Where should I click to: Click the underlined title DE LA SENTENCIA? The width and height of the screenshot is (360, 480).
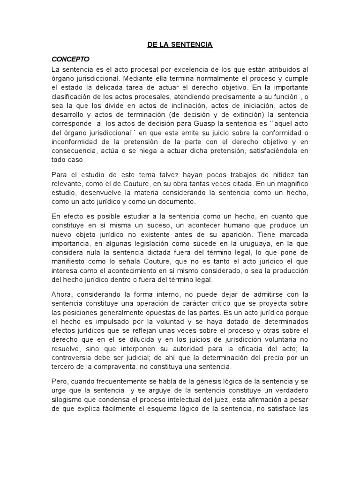[x=180, y=45]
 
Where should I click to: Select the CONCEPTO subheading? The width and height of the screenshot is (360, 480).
[x=70, y=60]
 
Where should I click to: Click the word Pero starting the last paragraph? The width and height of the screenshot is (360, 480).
[x=60, y=381]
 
